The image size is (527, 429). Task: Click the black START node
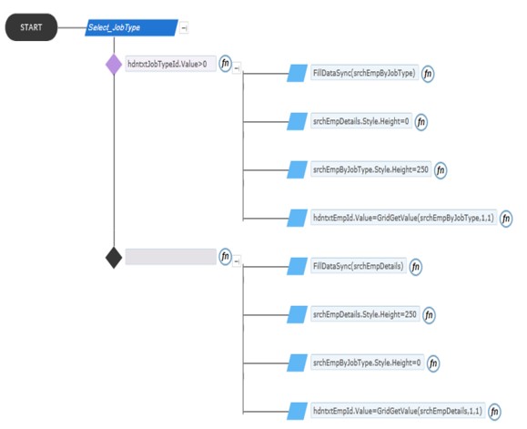point(31,27)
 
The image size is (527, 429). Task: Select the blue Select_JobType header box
point(131,27)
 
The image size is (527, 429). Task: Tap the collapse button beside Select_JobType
point(184,28)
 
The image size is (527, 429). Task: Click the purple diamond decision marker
point(114,65)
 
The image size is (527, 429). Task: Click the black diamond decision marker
point(114,258)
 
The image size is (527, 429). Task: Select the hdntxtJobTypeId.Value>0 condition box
point(170,64)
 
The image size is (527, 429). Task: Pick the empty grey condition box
point(170,257)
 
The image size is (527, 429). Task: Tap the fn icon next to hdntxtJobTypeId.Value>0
point(226,64)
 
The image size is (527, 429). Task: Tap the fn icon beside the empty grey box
point(226,257)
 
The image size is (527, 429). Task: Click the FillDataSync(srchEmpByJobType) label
point(364,73)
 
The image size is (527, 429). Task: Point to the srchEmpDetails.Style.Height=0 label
point(361,121)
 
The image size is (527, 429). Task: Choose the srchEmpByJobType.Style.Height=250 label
point(370,169)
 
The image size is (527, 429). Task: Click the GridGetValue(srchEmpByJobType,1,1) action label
point(403,218)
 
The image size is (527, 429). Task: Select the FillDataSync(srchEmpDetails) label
point(359,266)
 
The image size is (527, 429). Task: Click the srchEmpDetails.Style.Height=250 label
point(365,314)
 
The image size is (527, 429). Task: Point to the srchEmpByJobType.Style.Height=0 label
point(367,363)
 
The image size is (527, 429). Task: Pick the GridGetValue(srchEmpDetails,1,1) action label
point(398,411)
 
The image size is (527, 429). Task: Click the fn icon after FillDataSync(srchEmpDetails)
point(416,267)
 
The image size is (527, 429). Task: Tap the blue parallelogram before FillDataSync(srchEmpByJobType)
point(297,73)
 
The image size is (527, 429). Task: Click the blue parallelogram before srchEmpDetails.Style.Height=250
point(297,314)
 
